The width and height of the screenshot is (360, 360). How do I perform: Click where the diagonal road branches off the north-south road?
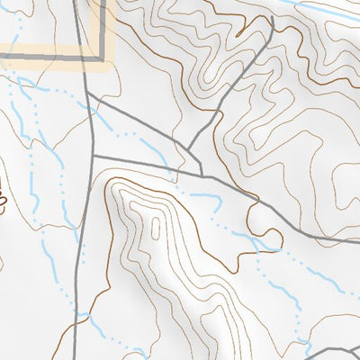90,98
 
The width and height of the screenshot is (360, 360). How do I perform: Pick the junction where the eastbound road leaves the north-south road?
94,157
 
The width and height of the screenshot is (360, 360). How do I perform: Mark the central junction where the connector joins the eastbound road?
201,171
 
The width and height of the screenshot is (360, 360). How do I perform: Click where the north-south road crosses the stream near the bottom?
87,316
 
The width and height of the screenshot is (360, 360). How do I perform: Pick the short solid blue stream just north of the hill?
203,194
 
